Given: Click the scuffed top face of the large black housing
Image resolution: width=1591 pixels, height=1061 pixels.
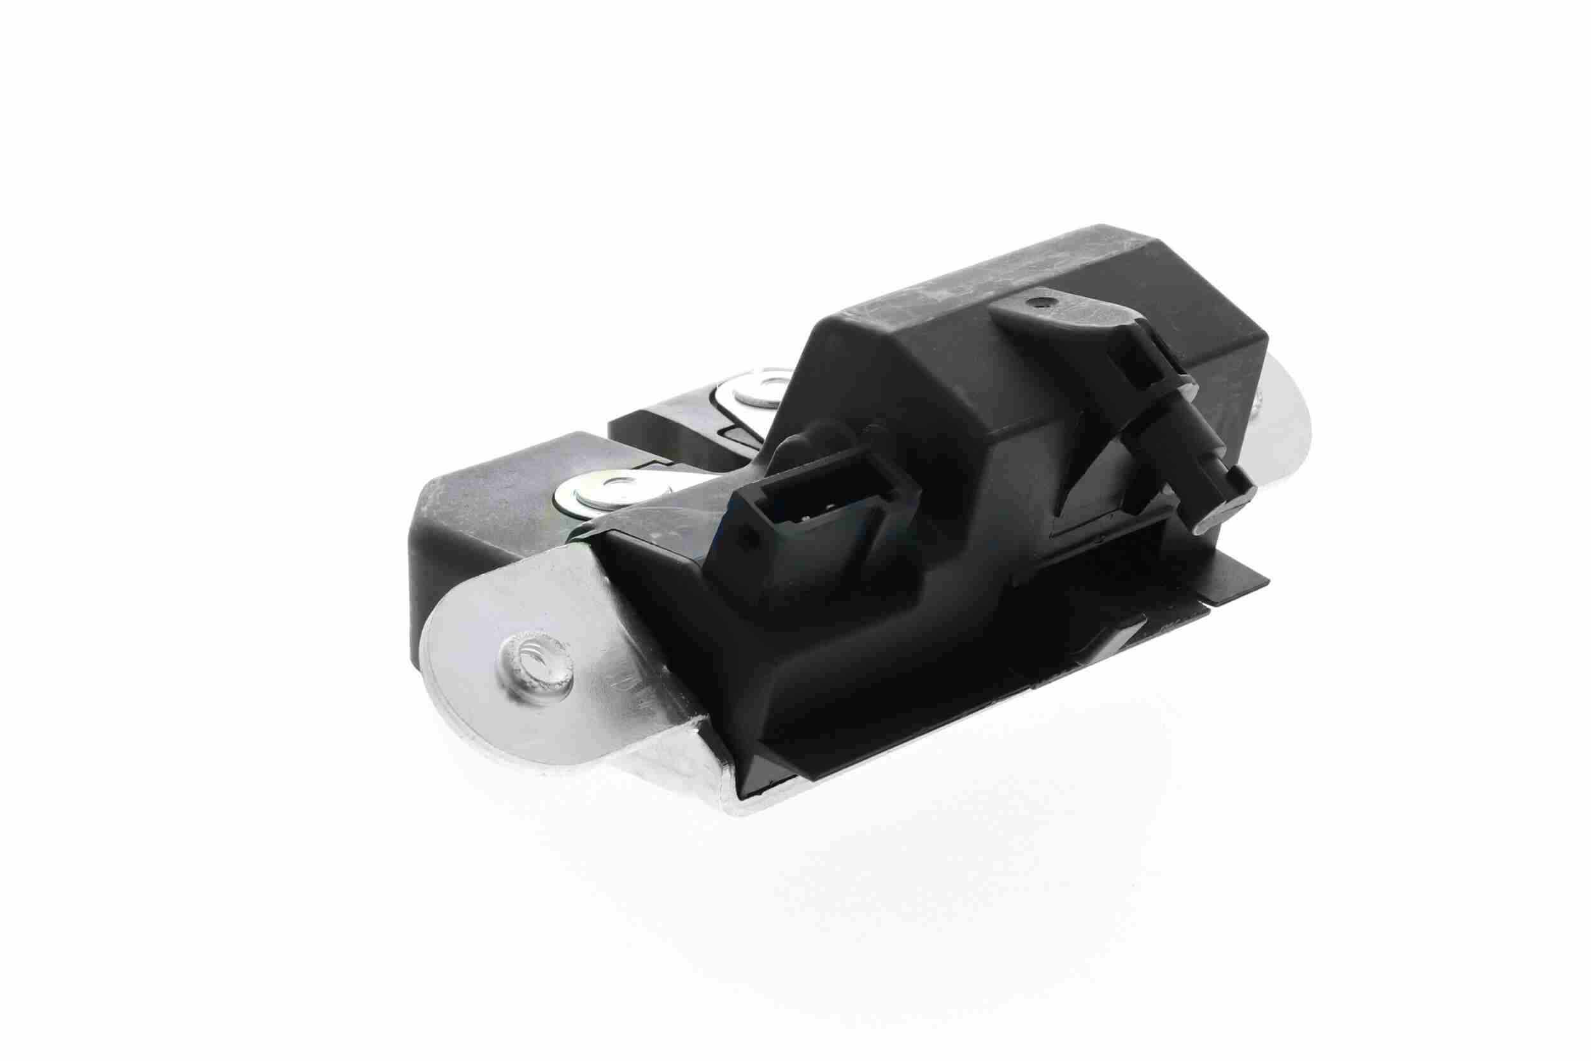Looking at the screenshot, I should click(981, 284).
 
